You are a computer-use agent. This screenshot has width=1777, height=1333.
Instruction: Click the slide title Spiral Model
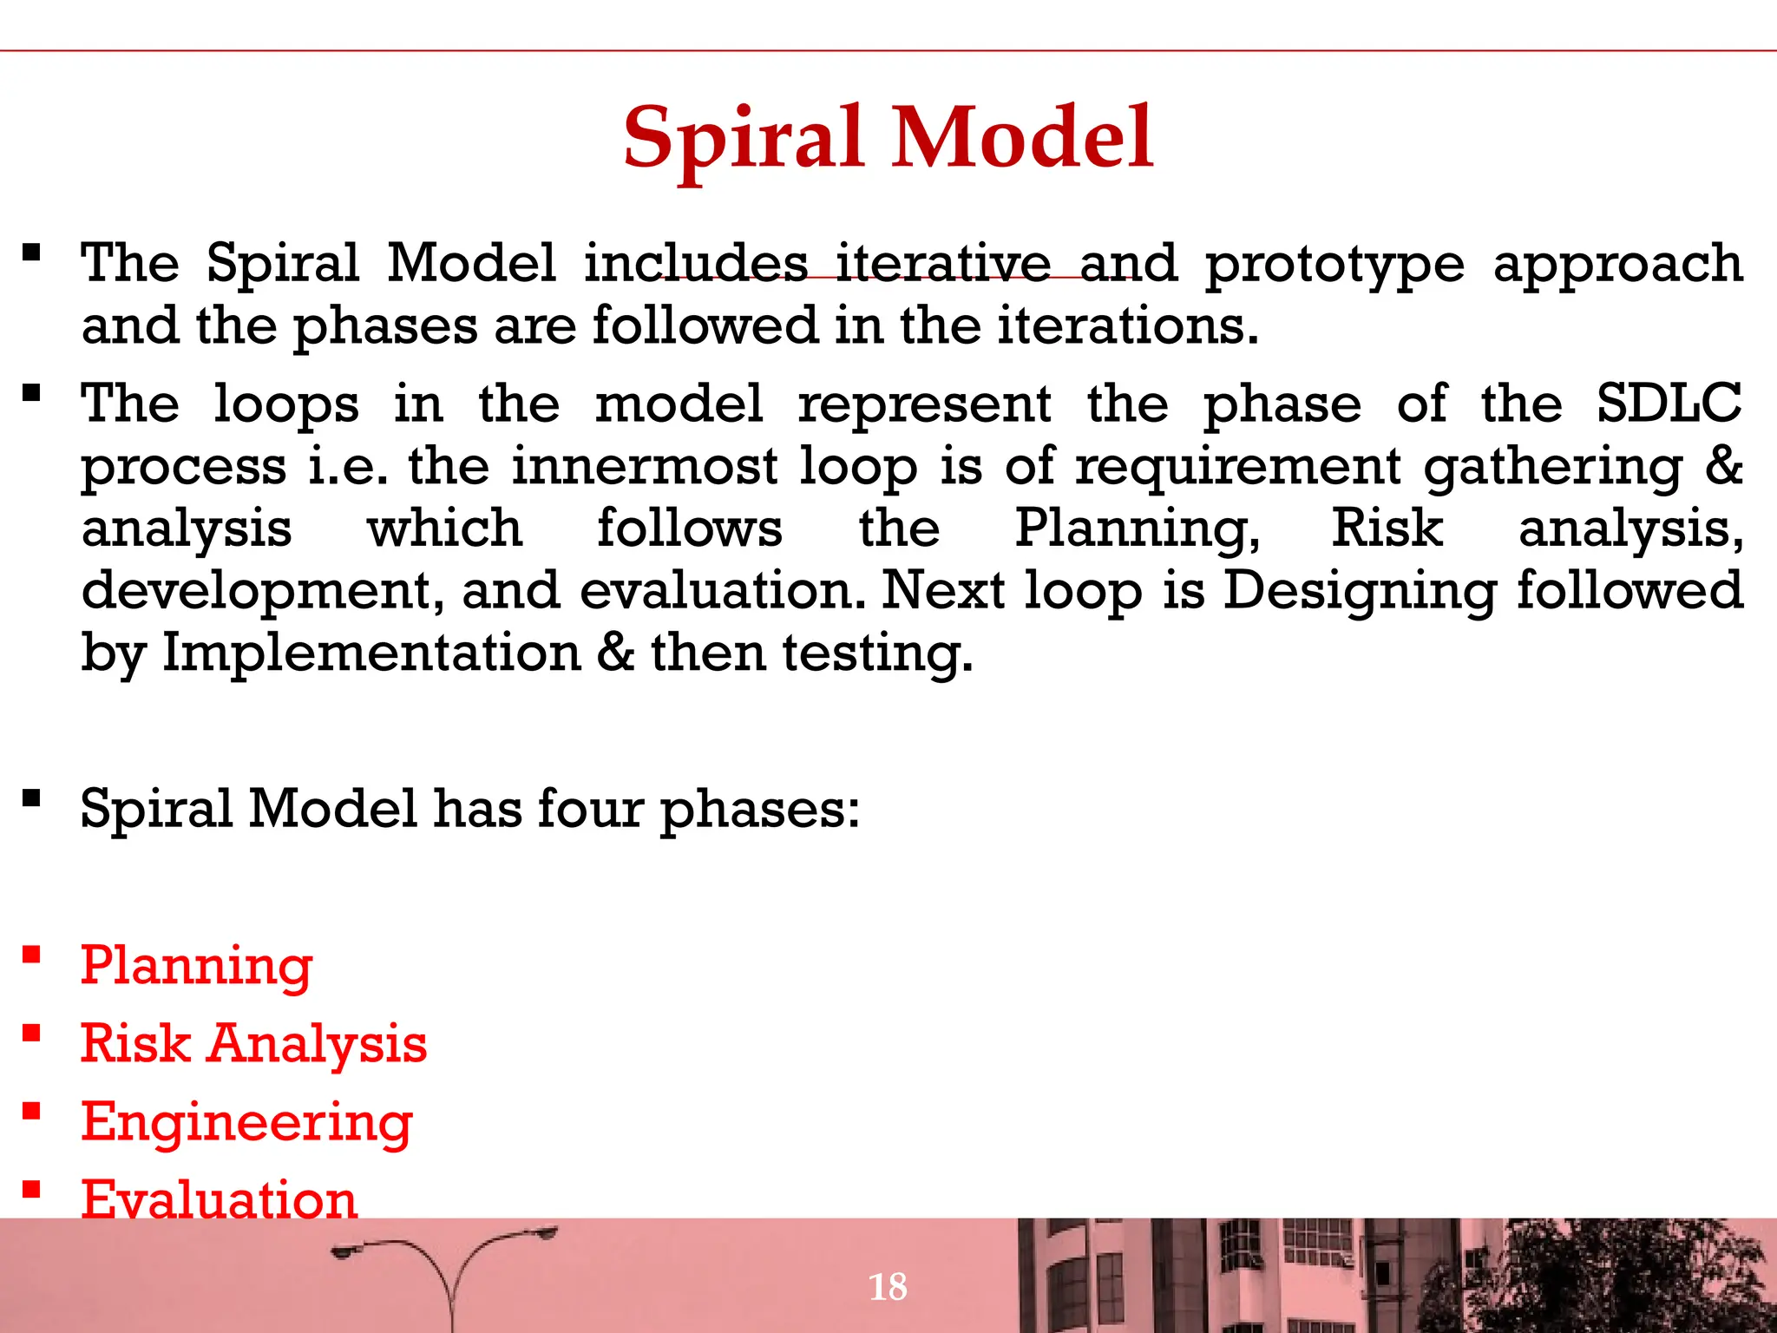[x=888, y=139]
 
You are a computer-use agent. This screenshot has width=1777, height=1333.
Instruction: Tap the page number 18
[x=888, y=1286]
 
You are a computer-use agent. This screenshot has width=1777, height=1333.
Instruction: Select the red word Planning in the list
[x=196, y=966]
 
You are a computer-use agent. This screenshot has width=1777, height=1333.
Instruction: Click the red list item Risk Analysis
[x=253, y=1044]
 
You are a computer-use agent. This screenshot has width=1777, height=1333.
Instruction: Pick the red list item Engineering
[x=246, y=1122]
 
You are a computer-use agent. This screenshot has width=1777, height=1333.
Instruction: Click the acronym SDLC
[x=1669, y=404]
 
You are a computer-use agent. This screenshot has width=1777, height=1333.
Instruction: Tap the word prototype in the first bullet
[x=1334, y=265]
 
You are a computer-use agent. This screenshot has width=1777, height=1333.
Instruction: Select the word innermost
[x=644, y=466]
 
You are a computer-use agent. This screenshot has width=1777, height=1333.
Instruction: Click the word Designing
[x=1360, y=591]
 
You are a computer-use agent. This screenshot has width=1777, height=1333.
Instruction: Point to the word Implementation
[x=371, y=653]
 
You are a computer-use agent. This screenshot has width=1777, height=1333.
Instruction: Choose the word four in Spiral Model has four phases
[x=590, y=809]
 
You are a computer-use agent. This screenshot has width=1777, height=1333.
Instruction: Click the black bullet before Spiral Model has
[x=32, y=798]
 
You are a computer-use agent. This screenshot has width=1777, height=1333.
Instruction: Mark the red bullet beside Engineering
[x=32, y=1112]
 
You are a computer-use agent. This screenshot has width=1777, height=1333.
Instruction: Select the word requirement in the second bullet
[x=1237, y=466]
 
